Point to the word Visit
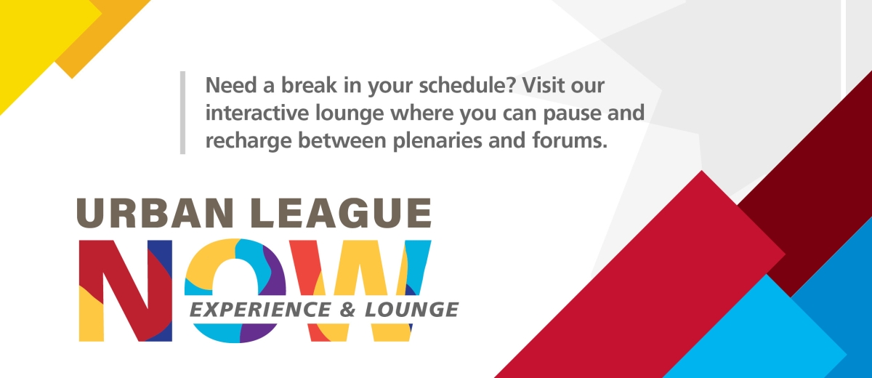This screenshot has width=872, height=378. point(542,86)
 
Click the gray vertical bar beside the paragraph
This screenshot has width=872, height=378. point(182,113)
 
